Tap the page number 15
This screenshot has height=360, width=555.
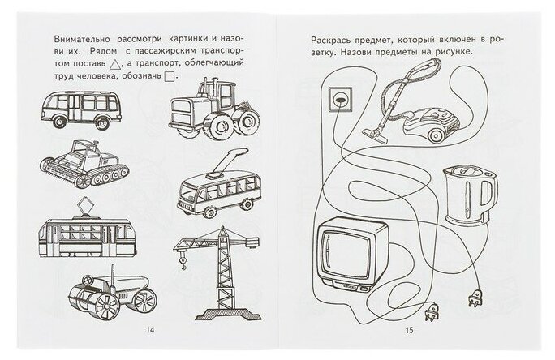click(409, 329)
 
